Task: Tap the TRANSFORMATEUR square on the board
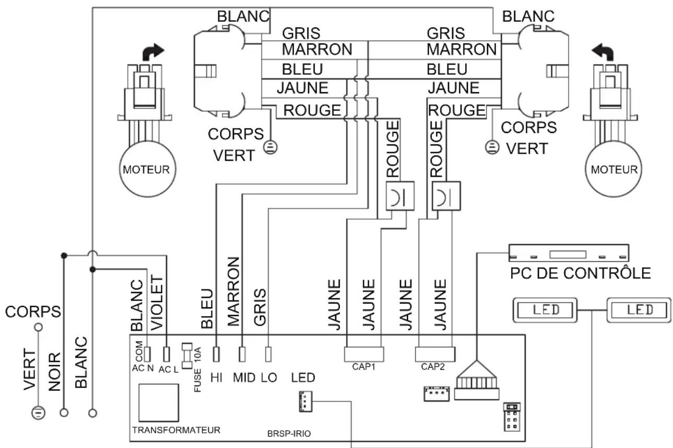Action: pyautogui.click(x=159, y=403)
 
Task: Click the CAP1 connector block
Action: pyautogui.click(x=364, y=354)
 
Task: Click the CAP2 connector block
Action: pyautogui.click(x=435, y=354)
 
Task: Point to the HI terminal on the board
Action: pyautogui.click(x=216, y=354)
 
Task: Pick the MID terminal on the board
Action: pyautogui.click(x=242, y=354)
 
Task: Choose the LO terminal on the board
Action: pyautogui.click(x=268, y=354)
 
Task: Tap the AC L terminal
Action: pyautogui.click(x=167, y=354)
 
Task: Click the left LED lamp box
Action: pyautogui.click(x=545, y=310)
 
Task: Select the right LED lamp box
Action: pyautogui.click(x=639, y=310)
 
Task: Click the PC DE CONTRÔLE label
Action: pyautogui.click(x=581, y=273)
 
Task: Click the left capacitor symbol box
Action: pyautogui.click(x=400, y=196)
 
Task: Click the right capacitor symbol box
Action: pyautogui.click(x=446, y=196)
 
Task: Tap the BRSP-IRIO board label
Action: pyautogui.click(x=289, y=433)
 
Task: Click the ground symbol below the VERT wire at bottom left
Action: pyautogui.click(x=39, y=413)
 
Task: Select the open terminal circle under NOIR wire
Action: pyautogui.click(x=64, y=413)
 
